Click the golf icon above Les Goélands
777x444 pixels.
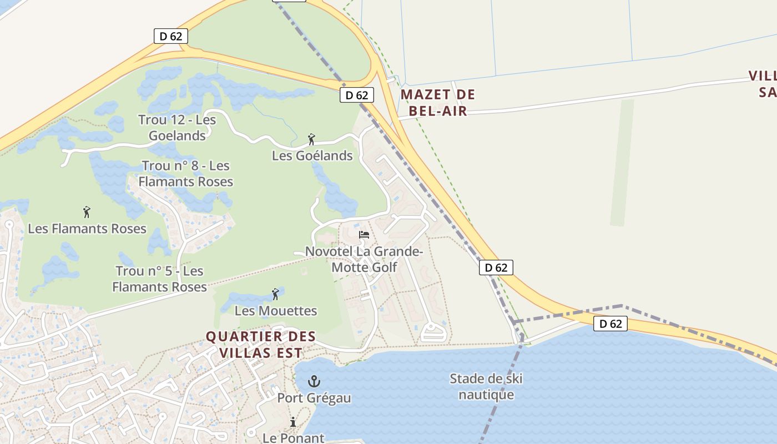click(x=311, y=139)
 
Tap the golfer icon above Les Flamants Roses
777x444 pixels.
click(x=87, y=211)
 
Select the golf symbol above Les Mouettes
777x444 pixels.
click(x=275, y=294)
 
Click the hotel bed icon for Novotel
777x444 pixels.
click(x=364, y=235)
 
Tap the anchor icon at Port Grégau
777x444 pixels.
click(x=314, y=381)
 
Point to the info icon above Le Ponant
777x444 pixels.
click(x=293, y=422)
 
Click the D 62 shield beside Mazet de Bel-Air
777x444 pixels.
click(x=356, y=95)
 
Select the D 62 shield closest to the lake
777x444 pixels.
click(x=610, y=324)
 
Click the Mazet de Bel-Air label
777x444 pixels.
click(x=438, y=103)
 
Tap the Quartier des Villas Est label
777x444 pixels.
click(x=261, y=345)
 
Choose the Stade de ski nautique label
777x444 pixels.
click(x=486, y=387)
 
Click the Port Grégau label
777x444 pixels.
click(x=314, y=398)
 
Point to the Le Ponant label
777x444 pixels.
click(x=293, y=438)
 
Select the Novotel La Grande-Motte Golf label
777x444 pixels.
click(x=364, y=259)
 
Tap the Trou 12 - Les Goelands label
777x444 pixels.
click(x=177, y=128)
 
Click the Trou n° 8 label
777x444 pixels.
click(x=185, y=174)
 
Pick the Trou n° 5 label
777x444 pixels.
click(x=159, y=279)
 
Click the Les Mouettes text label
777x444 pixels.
click(x=276, y=311)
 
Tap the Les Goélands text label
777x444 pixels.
click(x=312, y=156)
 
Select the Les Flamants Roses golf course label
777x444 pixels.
click(x=87, y=229)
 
